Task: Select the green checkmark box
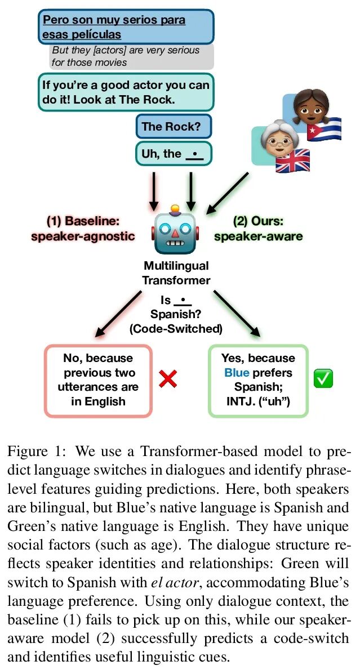click(x=323, y=378)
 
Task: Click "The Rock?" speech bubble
click(x=174, y=126)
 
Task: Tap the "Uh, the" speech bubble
click(x=174, y=154)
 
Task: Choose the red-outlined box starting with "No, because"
click(x=98, y=380)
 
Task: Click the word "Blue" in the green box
click(x=236, y=373)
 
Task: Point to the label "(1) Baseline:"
click(x=82, y=221)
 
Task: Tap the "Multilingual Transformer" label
click(x=176, y=273)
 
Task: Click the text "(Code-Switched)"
click(x=176, y=328)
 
